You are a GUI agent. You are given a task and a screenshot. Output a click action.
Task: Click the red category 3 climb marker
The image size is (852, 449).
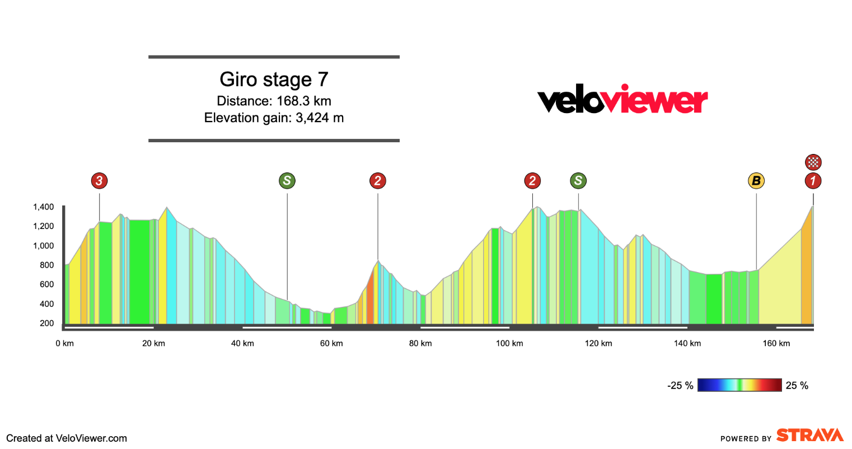[99, 181]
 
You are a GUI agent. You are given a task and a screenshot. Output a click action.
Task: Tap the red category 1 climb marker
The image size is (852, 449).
[813, 181]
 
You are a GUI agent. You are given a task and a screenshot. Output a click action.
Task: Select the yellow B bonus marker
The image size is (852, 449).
[756, 181]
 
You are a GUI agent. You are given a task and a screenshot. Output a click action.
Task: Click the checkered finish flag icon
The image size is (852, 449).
[813, 162]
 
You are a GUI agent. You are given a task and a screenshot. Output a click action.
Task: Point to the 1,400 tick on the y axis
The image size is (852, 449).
[43, 207]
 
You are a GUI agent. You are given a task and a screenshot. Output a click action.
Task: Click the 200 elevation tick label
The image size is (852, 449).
[47, 324]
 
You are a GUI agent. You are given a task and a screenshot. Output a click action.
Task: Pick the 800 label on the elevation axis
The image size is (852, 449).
[47, 265]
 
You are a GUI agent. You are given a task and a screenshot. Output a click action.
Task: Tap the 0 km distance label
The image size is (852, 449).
[64, 343]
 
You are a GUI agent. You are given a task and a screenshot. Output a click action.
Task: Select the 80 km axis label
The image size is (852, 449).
[420, 343]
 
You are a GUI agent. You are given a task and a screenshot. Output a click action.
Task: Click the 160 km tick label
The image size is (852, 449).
[776, 343]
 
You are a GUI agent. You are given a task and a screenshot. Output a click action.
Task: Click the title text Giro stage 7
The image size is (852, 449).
[274, 79]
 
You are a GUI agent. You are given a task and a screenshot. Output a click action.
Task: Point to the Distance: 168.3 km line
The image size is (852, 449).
[274, 101]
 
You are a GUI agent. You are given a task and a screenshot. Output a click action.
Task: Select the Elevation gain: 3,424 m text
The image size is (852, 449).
[274, 118]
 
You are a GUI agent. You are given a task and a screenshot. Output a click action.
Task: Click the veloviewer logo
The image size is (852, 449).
[622, 100]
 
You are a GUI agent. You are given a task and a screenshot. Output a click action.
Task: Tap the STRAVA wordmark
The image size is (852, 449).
[810, 436]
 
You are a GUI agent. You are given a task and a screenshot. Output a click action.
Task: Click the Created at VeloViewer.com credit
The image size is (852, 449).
[67, 438]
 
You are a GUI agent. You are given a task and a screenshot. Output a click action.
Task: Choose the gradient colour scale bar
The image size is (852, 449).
[739, 385]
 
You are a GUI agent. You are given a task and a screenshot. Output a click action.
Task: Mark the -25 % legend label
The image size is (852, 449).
[680, 386]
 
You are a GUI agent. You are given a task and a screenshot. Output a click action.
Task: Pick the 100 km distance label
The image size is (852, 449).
[509, 343]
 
